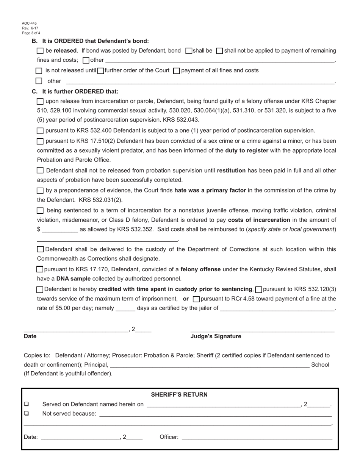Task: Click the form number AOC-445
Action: tap(29, 23)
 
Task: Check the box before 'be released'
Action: tap(40, 51)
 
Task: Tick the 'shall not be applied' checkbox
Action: tap(219, 51)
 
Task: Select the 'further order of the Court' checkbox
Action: tap(101, 71)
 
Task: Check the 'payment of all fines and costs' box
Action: tap(176, 71)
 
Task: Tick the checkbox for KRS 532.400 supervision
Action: tap(40, 131)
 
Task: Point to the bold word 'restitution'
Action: tap(231, 170)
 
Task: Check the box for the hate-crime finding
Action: tap(40, 191)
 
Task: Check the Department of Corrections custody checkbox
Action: tap(40, 249)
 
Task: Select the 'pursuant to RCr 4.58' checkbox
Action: tap(196, 299)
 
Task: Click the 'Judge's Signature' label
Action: tap(216, 336)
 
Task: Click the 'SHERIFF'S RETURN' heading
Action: tap(179, 395)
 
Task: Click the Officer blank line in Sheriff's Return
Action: tap(257, 438)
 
